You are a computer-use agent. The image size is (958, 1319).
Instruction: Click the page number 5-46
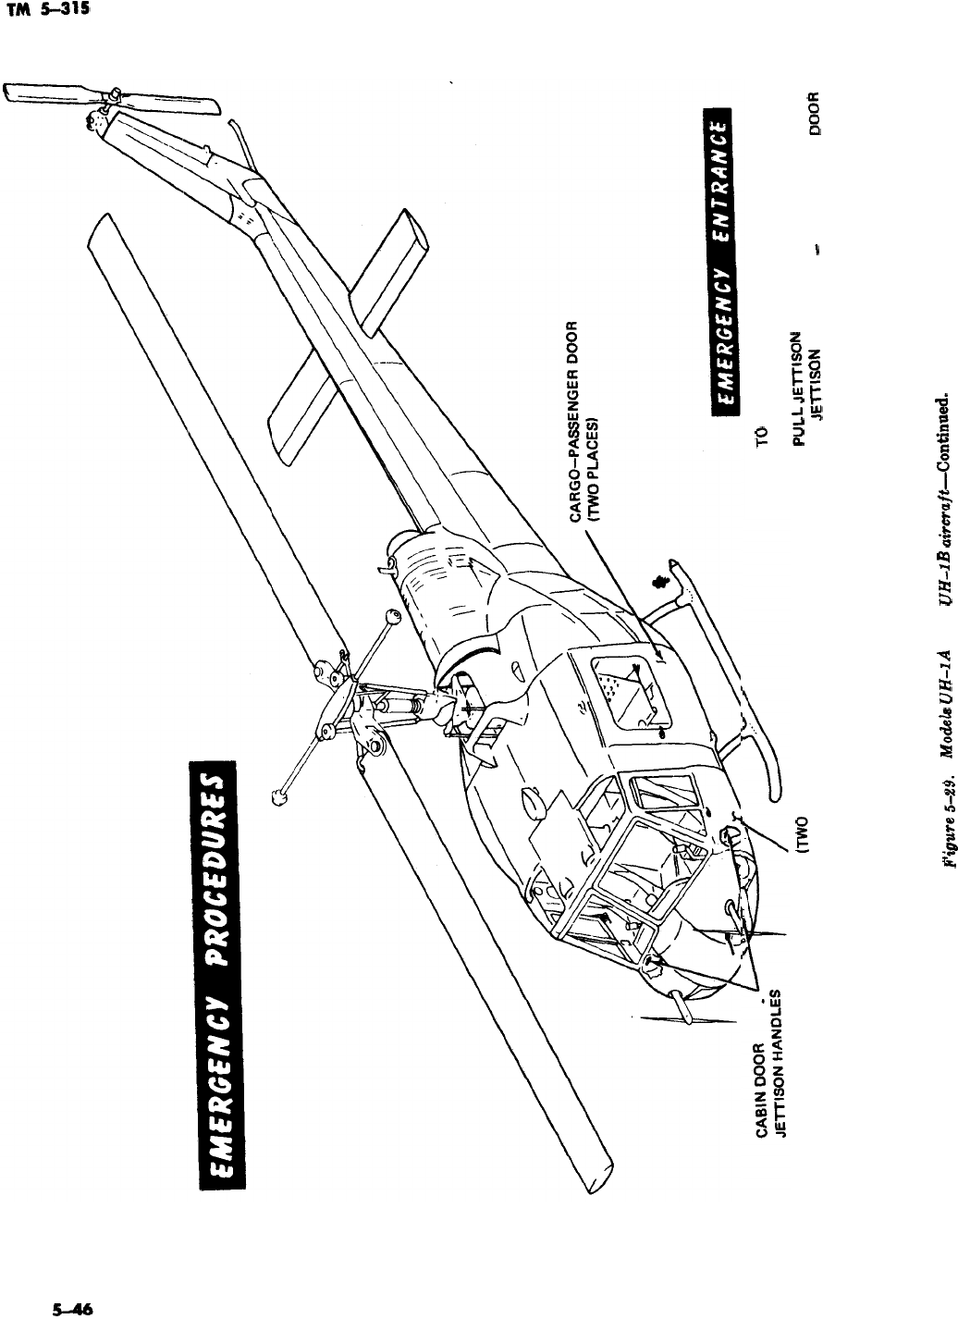(69, 1308)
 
